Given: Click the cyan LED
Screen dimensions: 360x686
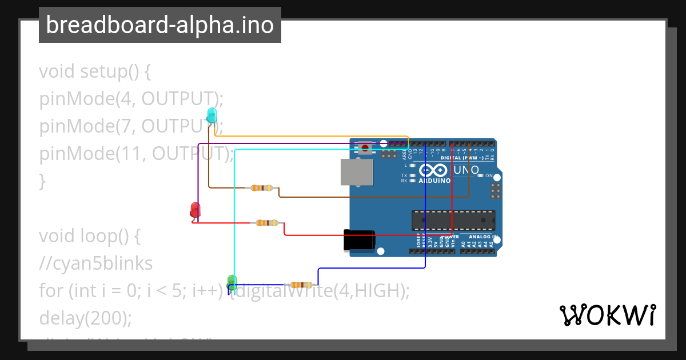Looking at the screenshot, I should coord(212,115).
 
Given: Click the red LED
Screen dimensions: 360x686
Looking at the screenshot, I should coord(196,210).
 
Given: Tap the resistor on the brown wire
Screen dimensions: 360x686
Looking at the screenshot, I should coord(262,188).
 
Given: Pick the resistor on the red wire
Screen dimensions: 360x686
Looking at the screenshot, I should coord(267,223).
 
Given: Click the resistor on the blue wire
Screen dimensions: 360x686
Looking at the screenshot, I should coord(301,285).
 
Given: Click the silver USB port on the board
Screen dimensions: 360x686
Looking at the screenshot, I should coord(356,172).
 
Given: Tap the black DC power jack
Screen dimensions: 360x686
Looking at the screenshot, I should coord(358,240).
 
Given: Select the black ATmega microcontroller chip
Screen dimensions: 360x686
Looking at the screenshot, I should coord(453,220).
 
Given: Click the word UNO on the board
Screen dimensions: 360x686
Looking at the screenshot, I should coord(466,170).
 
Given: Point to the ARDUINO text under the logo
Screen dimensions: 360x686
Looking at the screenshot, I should coord(434,181).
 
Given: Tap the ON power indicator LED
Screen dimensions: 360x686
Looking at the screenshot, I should coord(481,175).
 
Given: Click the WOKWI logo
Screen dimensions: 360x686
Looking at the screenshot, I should coord(607,315).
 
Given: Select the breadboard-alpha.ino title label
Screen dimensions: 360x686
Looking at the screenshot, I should coord(160,25).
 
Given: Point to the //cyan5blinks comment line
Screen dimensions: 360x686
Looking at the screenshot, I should coord(96,263).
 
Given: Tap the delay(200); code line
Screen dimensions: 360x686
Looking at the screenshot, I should coord(85,318).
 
